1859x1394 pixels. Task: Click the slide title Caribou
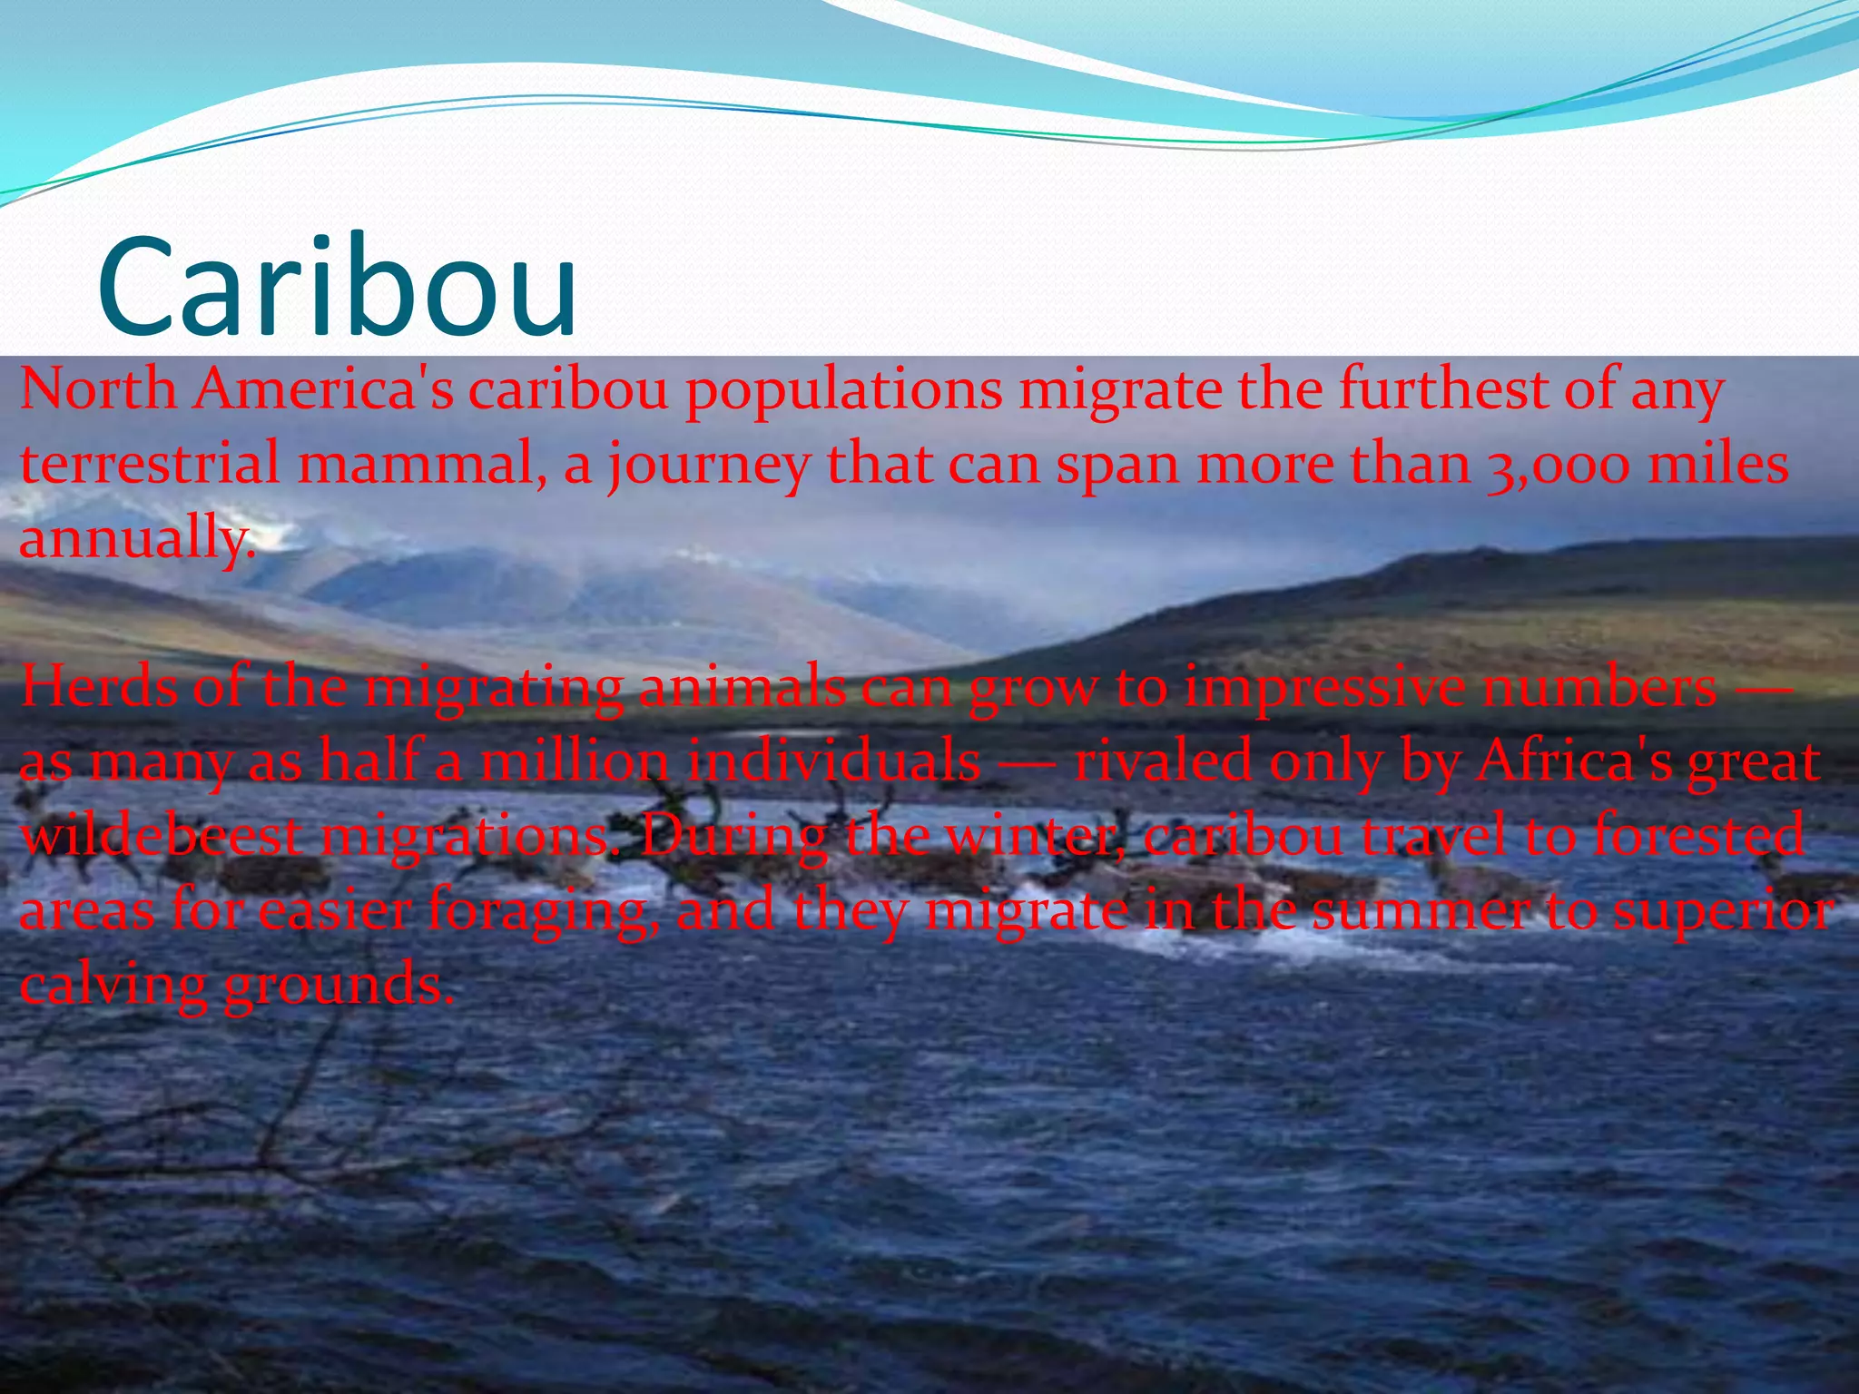tap(337, 287)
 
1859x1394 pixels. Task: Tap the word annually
tap(136, 539)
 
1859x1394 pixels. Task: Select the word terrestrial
tap(150, 465)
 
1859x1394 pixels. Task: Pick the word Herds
tap(98, 688)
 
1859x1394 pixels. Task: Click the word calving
tap(113, 986)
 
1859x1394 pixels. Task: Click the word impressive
tap(1324, 688)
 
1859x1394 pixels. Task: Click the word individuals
tap(832, 762)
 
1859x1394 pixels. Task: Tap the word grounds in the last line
tap(339, 986)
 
